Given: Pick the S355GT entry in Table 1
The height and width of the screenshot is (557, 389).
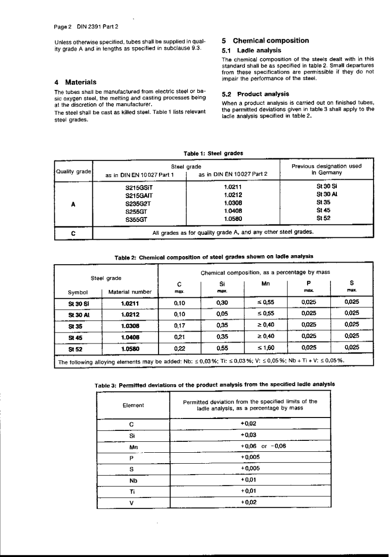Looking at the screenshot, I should point(140,217).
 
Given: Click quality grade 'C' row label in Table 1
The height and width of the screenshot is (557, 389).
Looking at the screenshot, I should point(74,232).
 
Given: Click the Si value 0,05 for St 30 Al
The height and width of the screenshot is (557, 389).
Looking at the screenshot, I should point(223,314).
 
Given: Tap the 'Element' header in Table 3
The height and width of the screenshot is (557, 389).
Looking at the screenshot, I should point(133,405).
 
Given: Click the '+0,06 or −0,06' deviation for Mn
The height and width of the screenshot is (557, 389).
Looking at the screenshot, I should point(250,445).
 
